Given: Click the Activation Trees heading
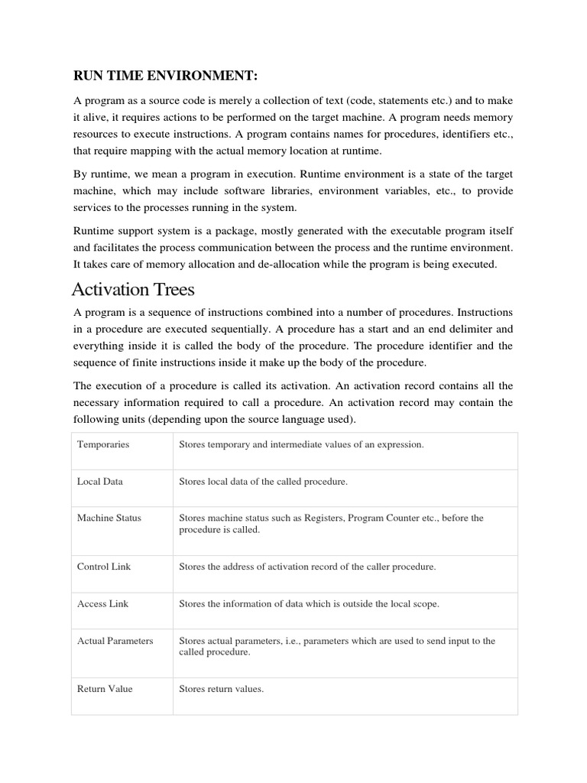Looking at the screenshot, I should [133, 290].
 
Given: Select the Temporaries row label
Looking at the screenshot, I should [103, 444].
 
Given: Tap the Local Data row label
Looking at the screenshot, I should [100, 482].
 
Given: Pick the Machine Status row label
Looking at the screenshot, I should [109, 518].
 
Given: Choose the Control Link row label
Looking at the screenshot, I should [103, 567].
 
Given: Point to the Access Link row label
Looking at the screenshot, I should [103, 604].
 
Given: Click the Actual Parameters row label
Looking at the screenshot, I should [115, 641].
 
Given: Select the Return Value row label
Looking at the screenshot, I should [105, 689].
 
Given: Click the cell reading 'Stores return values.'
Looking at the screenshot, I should [221, 689].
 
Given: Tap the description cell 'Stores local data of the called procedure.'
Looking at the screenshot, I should [263, 482].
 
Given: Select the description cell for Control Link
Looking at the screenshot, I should [306, 567].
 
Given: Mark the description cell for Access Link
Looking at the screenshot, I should [309, 604].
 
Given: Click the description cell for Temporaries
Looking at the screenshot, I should [300, 444].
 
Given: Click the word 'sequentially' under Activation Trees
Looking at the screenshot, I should [241, 330].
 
